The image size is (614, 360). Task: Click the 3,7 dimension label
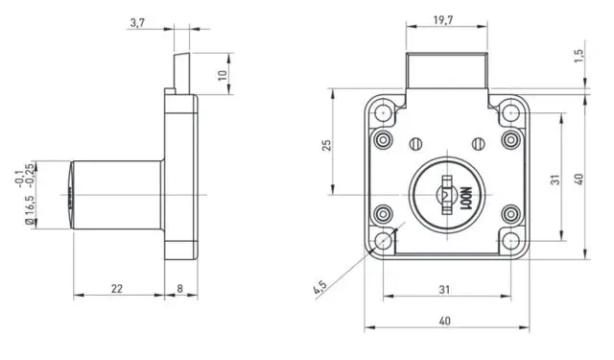click(137, 23)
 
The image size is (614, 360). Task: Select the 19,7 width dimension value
click(443, 20)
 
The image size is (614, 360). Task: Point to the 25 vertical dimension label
click(327, 145)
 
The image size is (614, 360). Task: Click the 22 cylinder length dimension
click(117, 289)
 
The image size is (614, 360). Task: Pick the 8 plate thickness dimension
click(179, 289)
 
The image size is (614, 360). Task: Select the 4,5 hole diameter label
click(319, 287)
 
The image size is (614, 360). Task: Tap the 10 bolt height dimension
click(223, 75)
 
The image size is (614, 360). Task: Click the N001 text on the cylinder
click(466, 199)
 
